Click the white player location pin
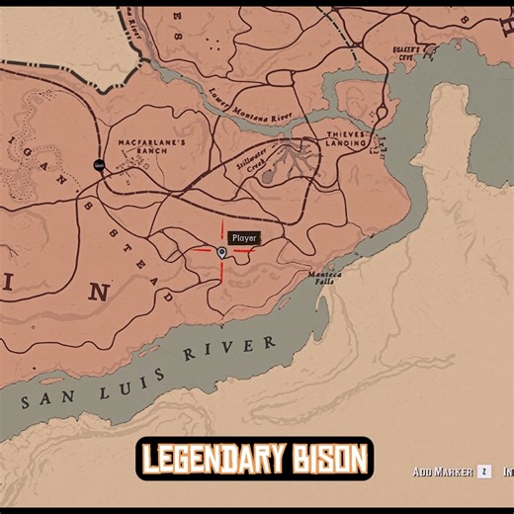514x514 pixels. (221, 253)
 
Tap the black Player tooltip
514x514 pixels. (243, 238)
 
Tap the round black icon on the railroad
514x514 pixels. (99, 164)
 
